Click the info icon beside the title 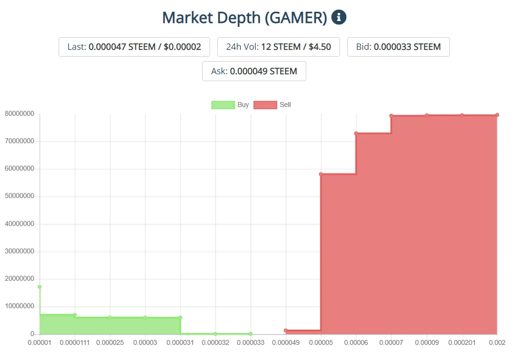338,18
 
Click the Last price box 134,47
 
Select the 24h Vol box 278,47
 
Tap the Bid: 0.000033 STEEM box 398,47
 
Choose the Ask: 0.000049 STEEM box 254,71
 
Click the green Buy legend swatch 223,105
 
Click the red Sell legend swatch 265,105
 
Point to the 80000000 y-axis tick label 20,114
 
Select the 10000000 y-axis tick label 20,306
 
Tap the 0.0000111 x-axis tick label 75,343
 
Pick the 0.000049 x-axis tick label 286,343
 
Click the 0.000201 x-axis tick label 462,343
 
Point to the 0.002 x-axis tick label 497,343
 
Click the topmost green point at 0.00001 40,287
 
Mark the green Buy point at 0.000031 180,318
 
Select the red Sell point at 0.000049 286,331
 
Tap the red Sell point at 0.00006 356,133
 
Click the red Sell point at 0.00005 321,174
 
